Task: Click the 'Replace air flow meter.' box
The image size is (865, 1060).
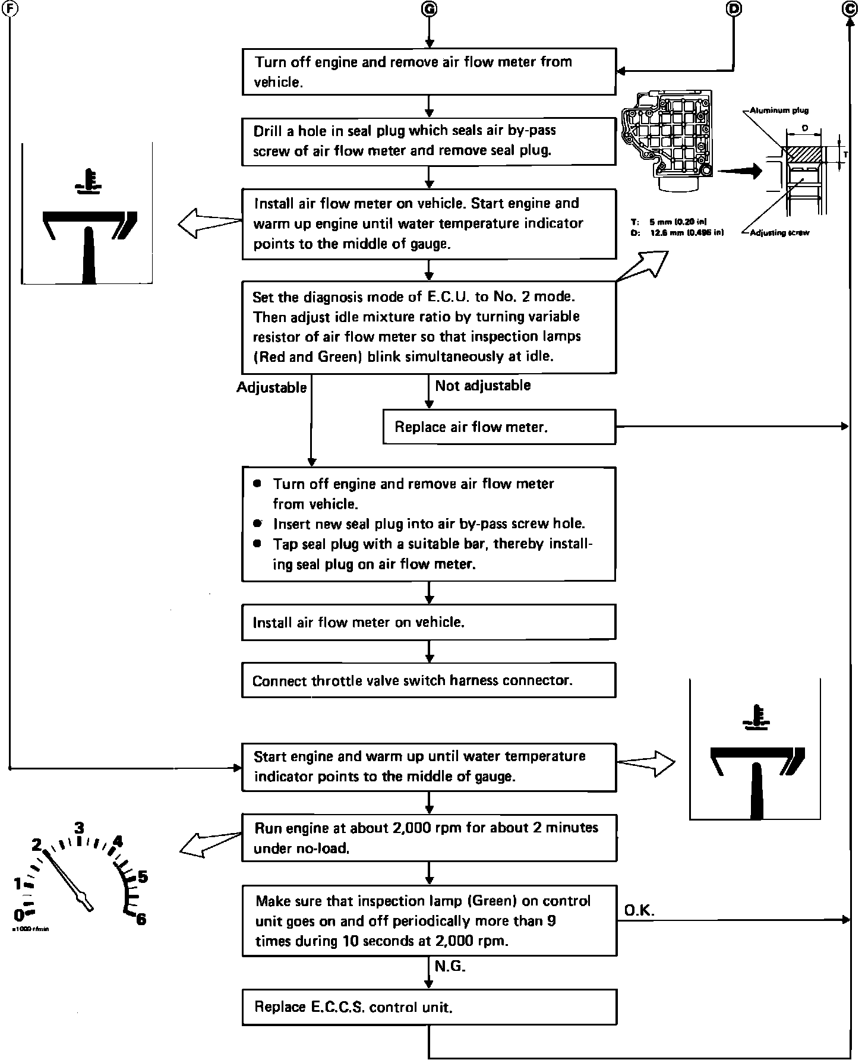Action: click(499, 427)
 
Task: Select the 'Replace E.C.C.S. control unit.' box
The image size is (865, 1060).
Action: click(429, 1007)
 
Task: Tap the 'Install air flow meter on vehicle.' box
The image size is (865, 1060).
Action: click(428, 622)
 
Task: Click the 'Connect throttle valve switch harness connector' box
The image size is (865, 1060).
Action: click(428, 680)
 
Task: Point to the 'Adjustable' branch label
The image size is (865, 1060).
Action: click(272, 387)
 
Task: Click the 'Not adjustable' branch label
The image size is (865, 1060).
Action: click(482, 386)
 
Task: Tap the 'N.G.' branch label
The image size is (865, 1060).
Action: click(450, 966)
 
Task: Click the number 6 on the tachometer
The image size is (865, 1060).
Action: click(141, 919)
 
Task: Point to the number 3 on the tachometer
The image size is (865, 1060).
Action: click(79, 828)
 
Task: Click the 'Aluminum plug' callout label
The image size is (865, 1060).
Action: click(779, 111)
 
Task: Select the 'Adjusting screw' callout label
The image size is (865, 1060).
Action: click(779, 233)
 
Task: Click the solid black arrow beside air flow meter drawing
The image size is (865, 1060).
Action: click(739, 171)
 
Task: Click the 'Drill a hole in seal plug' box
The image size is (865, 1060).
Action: click(428, 141)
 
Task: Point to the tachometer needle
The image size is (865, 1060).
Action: click(67, 879)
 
